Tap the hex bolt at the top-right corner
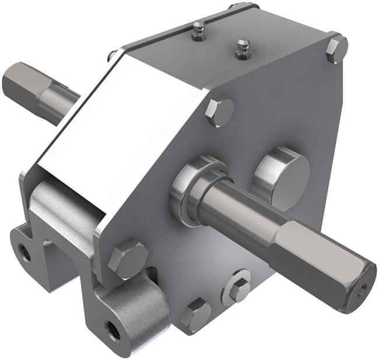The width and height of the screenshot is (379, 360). pos(336,49)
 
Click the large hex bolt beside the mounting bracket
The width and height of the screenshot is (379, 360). pos(128,258)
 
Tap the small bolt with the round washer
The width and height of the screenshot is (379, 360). pos(239,289)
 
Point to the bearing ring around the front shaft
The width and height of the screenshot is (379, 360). pos(185,190)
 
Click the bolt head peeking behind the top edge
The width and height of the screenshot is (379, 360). pos(111,55)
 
